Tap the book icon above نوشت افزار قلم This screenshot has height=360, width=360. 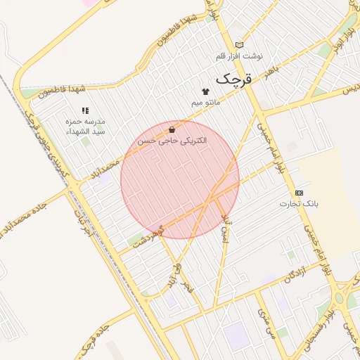pyautogui.click(x=239, y=44)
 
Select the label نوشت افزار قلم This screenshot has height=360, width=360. pyautogui.click(x=239, y=56)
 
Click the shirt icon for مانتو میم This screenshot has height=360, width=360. pyautogui.click(x=205, y=91)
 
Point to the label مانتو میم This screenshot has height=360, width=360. pyautogui.click(x=206, y=103)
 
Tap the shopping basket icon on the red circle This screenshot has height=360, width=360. pyautogui.click(x=172, y=129)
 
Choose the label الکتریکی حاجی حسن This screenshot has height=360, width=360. pyautogui.click(x=172, y=141)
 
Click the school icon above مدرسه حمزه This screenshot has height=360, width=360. pyautogui.click(x=85, y=110)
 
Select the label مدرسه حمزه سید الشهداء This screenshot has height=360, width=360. pyautogui.click(x=85, y=127)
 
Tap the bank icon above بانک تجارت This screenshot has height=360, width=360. pyautogui.click(x=300, y=192)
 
